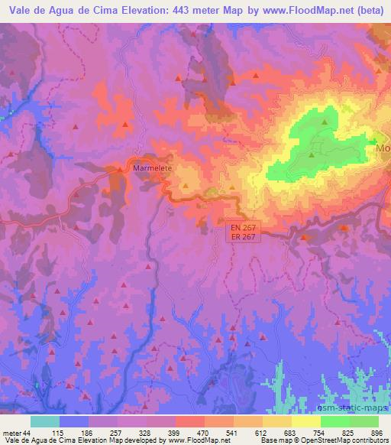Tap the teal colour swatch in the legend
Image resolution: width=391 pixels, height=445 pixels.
click(45, 421)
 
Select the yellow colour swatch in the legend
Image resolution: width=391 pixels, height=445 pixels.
click(306, 421)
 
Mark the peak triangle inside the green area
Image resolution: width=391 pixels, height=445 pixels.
click(325, 122)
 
